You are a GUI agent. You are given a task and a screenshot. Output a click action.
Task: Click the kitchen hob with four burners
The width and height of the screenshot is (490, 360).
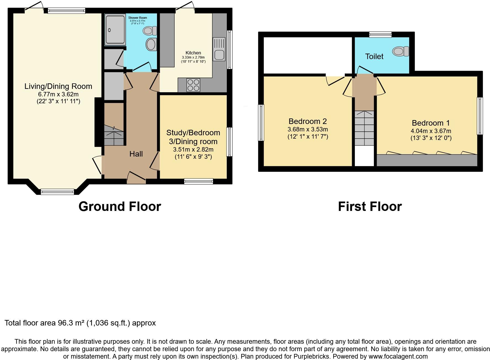(x=193, y=85)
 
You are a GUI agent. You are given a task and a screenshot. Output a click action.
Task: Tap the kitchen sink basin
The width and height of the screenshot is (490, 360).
(x=219, y=55)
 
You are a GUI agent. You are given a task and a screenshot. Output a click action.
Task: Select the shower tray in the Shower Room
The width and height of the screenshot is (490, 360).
(x=115, y=30)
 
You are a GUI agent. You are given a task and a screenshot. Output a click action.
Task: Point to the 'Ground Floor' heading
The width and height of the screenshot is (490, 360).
(x=120, y=207)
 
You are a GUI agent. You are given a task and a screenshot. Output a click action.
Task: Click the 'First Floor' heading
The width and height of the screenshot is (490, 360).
(x=370, y=207)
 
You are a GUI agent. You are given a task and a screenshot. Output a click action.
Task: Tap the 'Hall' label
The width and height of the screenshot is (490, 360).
(x=136, y=154)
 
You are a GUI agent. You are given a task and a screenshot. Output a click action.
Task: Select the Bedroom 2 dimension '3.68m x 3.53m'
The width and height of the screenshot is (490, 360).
(x=308, y=129)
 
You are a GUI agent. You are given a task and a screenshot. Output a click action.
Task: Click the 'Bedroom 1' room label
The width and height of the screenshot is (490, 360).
(x=431, y=123)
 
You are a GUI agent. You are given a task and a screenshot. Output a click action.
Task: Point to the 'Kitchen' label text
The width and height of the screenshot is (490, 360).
(x=193, y=53)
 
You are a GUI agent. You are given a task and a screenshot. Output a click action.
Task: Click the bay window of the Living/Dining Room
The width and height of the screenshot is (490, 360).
(x=57, y=191)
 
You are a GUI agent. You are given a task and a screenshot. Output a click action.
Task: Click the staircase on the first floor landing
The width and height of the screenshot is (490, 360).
(x=364, y=128)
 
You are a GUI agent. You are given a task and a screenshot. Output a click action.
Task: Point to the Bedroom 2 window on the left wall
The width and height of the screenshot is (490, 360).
(x=261, y=123)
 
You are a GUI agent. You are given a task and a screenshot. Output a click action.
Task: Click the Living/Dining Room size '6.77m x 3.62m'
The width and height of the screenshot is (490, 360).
(x=58, y=94)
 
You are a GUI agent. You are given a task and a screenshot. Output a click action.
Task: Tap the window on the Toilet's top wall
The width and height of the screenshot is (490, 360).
(x=380, y=35)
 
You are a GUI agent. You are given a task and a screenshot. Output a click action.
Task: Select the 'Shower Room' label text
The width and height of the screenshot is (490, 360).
(x=137, y=18)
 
